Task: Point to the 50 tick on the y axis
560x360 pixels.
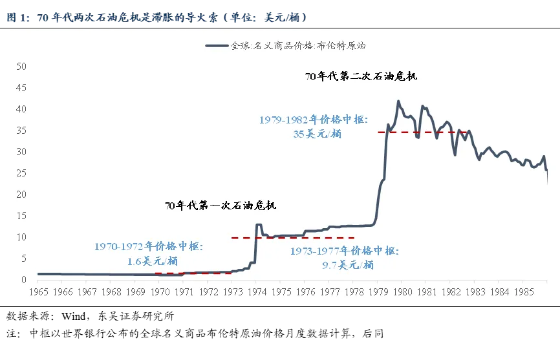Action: (x=21, y=66)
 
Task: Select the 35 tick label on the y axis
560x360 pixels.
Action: (x=21, y=131)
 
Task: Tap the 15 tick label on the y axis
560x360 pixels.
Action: (x=21, y=216)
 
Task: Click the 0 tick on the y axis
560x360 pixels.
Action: (x=23, y=280)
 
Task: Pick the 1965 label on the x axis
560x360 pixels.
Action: (x=38, y=292)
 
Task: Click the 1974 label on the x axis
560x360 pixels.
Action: (x=257, y=292)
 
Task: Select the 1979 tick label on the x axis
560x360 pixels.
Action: (x=379, y=292)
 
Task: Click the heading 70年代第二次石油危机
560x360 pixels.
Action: (x=361, y=76)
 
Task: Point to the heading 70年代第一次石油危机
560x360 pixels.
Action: (x=221, y=206)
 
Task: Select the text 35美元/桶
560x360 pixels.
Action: (x=317, y=134)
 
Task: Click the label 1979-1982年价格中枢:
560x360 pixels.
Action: (x=314, y=120)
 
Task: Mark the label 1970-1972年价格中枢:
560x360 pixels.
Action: (x=149, y=246)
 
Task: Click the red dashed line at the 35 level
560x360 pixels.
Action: (x=414, y=132)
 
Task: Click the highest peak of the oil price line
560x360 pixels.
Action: (x=398, y=101)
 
